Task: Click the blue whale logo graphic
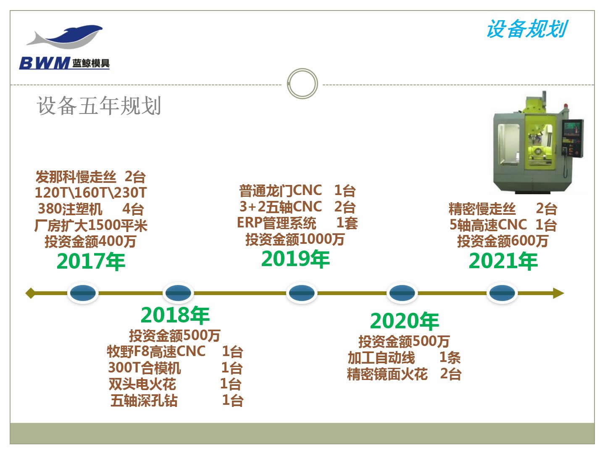click(65, 37)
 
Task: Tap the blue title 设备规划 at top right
click(527, 29)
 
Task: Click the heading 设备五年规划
click(99, 106)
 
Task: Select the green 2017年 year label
click(91, 261)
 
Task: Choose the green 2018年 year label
click(175, 315)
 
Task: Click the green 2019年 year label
click(295, 259)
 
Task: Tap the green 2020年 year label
click(404, 321)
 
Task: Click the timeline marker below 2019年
click(302, 293)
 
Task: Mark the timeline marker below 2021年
click(502, 293)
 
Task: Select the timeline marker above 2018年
click(178, 293)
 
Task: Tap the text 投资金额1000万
click(295, 239)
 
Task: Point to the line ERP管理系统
click(276, 223)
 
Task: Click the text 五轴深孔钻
click(144, 401)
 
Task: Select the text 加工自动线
click(381, 358)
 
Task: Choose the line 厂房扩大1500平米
click(91, 225)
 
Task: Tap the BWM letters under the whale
click(44, 63)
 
